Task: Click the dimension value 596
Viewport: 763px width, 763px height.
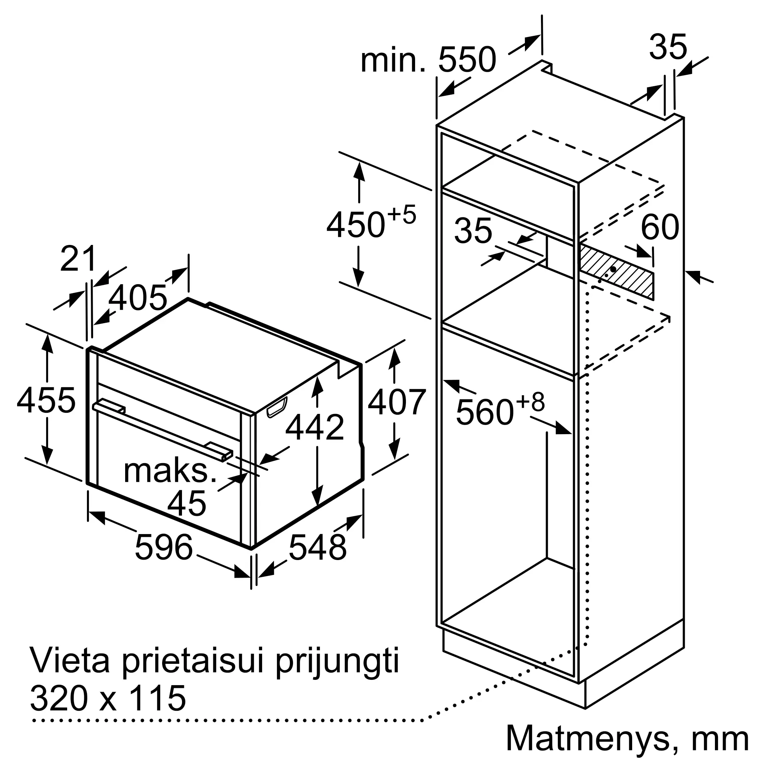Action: click(x=164, y=547)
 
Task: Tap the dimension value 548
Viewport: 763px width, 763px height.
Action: click(x=317, y=547)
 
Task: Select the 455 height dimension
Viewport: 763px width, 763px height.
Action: click(x=46, y=400)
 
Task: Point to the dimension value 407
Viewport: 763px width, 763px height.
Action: click(x=396, y=402)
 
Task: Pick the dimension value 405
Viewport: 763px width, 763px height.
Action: click(x=137, y=298)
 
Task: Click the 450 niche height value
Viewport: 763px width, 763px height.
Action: click(x=356, y=225)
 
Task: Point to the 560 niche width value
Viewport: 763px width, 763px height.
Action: click(x=485, y=413)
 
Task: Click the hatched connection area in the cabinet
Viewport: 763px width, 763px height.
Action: click(x=616, y=270)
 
